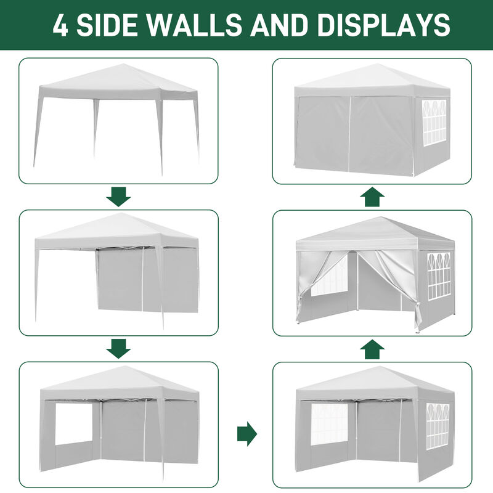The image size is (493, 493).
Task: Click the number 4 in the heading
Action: tap(60, 25)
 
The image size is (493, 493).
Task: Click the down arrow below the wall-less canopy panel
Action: tap(118, 197)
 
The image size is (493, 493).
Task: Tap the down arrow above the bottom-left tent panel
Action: tap(118, 348)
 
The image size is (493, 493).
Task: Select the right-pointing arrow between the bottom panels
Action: tap(246, 433)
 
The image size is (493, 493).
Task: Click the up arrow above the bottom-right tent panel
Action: tap(372, 349)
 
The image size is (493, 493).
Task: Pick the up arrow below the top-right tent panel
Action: tap(372, 197)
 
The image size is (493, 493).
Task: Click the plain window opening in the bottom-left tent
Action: tap(73, 424)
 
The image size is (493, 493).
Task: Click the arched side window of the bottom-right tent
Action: tap(438, 425)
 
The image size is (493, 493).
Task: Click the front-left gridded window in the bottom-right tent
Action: tap(330, 424)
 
